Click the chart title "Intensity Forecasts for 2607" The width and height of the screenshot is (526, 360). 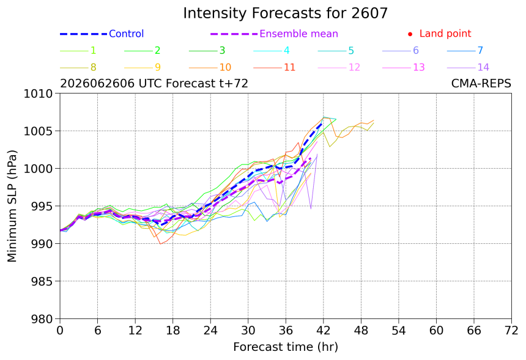pyautogui.click(x=285, y=13)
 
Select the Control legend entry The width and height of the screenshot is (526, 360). pyautogui.click(x=102, y=34)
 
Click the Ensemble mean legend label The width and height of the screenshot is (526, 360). pyautogui.click(x=298, y=34)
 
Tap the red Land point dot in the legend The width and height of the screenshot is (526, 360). pyautogui.click(x=410, y=34)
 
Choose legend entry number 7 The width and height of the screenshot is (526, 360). pyautogui.click(x=465, y=51)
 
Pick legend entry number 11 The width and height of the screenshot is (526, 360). pyautogui.click(x=275, y=67)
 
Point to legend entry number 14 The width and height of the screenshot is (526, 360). pyautogui.click(x=468, y=67)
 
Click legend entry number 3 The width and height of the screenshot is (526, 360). pyautogui.click(x=207, y=51)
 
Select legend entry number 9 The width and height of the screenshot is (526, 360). pyautogui.click(x=143, y=67)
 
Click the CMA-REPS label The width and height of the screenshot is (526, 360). pyautogui.click(x=481, y=83)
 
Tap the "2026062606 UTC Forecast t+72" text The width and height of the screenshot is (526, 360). pyautogui.click(x=154, y=83)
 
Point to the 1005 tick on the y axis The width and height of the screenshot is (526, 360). pyautogui.click(x=38, y=131)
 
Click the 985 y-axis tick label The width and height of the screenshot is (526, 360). pyautogui.click(x=42, y=281)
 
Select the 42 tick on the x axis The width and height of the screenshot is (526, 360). pyautogui.click(x=324, y=331)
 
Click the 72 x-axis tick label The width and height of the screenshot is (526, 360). pyautogui.click(x=511, y=331)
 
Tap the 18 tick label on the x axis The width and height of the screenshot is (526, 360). pyautogui.click(x=172, y=331)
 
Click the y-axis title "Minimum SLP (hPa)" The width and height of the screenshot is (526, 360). pyautogui.click(x=12, y=206)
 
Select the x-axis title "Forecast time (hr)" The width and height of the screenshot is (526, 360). pyautogui.click(x=286, y=347)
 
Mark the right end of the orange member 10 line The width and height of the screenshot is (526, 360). pyautogui.click(x=374, y=120)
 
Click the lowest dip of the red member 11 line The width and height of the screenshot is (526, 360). pyautogui.click(x=160, y=244)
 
